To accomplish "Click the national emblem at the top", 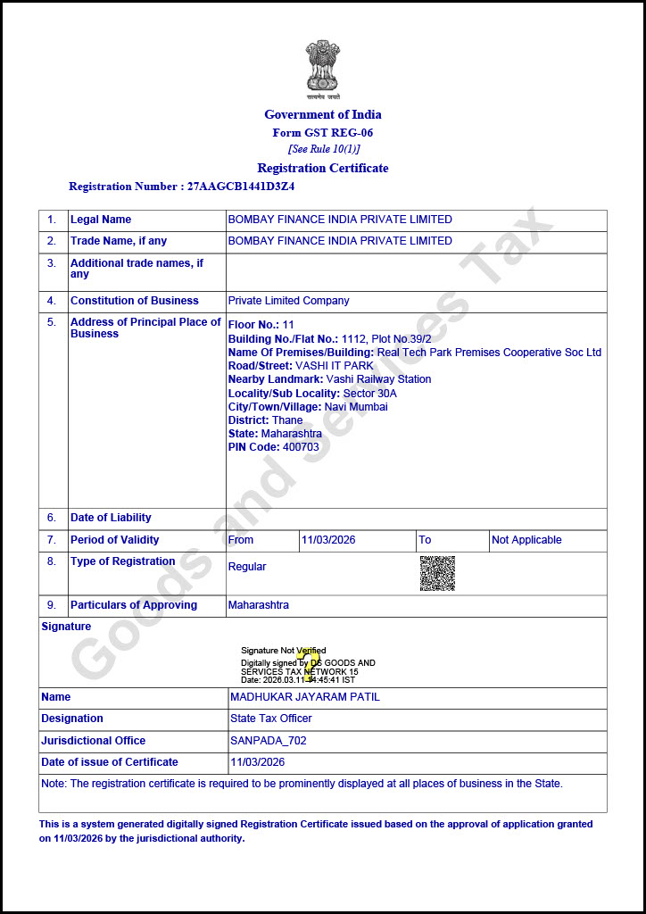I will [x=323, y=67].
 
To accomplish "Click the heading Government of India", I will [x=323, y=114].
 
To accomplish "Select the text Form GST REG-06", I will [x=323, y=132].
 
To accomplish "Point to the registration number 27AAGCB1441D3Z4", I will [x=241, y=187].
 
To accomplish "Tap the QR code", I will [x=437, y=573].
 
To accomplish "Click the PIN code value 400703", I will [x=301, y=447].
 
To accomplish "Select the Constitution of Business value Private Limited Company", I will [x=288, y=301].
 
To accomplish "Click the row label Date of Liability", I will [x=111, y=518].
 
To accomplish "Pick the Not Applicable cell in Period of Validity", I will [x=526, y=540].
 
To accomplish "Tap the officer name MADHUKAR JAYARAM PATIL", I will [x=305, y=697].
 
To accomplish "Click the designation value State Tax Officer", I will [x=271, y=719].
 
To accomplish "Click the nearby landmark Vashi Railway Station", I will [x=378, y=379].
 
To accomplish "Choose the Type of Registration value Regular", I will [x=247, y=567].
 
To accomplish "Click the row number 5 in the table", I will [x=52, y=322].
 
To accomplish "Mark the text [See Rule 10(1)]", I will [x=323, y=149].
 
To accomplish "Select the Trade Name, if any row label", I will [x=119, y=241].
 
